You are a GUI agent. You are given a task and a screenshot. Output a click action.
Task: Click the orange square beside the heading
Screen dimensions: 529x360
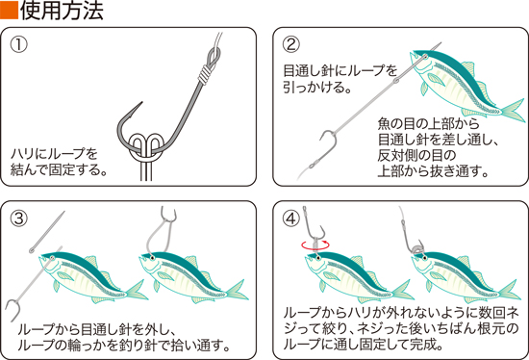(9, 11)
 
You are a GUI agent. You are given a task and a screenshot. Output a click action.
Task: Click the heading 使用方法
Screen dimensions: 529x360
(63, 11)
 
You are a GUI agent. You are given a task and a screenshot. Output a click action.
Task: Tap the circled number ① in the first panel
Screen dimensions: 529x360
(19, 44)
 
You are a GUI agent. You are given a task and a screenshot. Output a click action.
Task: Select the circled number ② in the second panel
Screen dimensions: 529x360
(290, 44)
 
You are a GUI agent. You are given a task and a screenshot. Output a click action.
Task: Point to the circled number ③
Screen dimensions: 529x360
(19, 219)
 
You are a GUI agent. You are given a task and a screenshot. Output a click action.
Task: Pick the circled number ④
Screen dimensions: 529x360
(290, 219)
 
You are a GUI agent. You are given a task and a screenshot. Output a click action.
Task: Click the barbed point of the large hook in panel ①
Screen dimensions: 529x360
(141, 103)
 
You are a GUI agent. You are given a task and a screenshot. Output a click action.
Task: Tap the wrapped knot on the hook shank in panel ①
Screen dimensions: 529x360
(204, 73)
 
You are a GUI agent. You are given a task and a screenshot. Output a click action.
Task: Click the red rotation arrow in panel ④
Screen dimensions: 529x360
(315, 245)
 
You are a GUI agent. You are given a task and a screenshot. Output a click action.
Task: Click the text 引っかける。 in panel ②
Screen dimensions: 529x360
(317, 88)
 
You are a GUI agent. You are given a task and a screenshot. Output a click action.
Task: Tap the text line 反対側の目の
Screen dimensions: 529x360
(416, 155)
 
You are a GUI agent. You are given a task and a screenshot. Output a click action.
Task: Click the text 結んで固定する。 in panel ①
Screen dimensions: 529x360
(59, 169)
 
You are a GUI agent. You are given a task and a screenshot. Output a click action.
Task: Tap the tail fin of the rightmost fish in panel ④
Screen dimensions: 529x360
(510, 290)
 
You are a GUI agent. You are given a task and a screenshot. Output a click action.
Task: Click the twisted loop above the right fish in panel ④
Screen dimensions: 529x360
(416, 248)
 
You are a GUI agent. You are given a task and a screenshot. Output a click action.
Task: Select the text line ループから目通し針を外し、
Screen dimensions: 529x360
(96, 329)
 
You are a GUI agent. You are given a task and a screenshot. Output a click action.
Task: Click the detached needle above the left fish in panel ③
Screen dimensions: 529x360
(47, 232)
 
